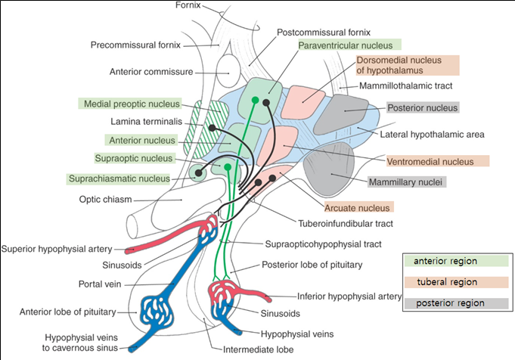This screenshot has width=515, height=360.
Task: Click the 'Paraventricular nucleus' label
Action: tap(349, 45)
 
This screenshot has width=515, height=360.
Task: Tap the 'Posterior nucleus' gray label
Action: tap(423, 108)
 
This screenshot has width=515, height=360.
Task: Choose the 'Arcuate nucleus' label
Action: tap(357, 207)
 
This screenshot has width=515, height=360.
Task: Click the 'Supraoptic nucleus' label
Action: tap(135, 158)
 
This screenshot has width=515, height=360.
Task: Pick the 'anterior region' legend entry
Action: tap(445, 261)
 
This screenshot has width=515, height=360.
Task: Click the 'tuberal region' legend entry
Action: tap(445, 281)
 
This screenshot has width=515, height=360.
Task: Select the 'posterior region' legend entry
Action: tap(445, 303)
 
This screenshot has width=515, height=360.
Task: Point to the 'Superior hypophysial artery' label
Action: tap(57, 248)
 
